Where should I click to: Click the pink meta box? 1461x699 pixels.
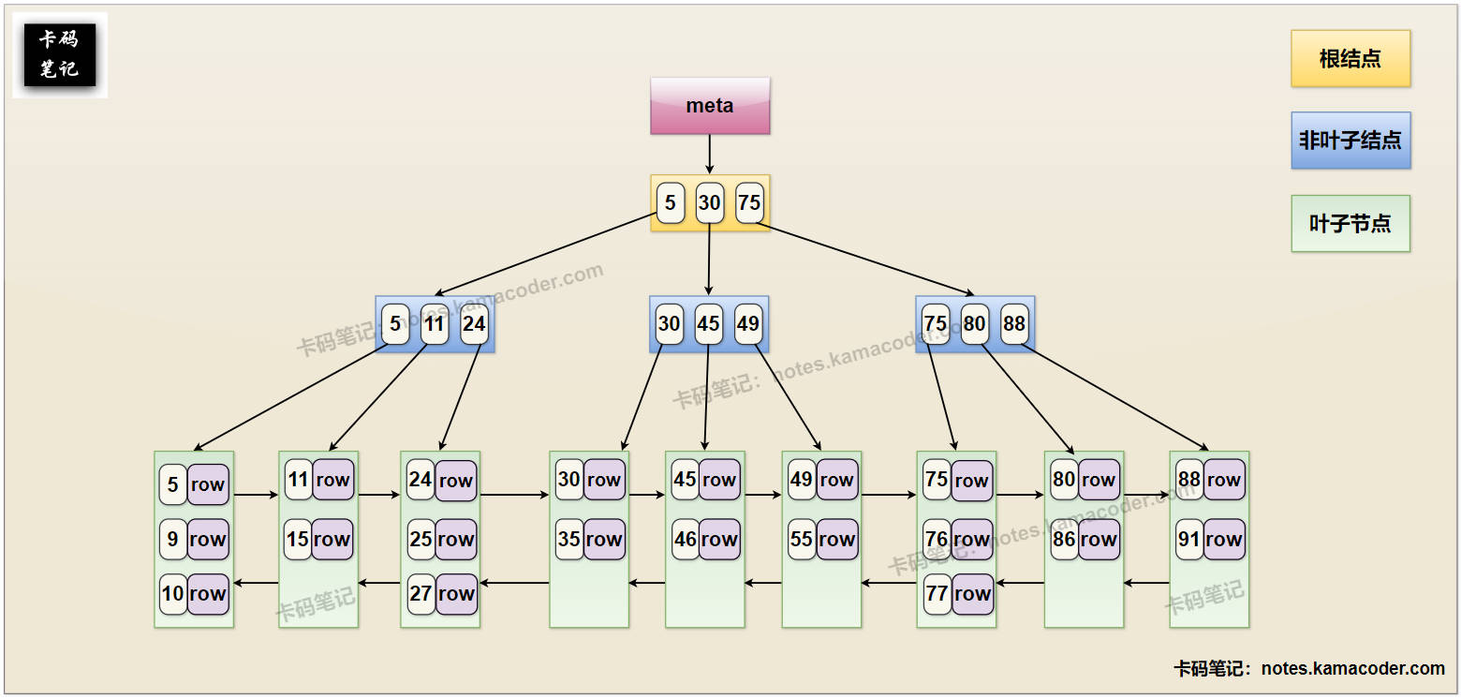coord(710,106)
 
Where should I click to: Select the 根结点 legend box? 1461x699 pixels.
coord(1350,59)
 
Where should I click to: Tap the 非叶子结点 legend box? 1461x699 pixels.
coord(1350,141)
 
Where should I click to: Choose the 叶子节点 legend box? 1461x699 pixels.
coord(1350,224)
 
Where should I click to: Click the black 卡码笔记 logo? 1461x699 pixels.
coord(60,55)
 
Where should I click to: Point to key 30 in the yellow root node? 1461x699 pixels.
coord(710,203)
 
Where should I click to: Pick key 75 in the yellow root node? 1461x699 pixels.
coord(749,203)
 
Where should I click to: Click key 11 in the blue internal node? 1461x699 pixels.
coord(435,324)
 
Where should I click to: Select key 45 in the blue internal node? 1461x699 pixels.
coord(709,324)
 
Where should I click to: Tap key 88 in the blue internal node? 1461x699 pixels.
coord(1014,324)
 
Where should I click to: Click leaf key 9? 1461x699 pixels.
coord(173,540)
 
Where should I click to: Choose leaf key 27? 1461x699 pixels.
coord(421,594)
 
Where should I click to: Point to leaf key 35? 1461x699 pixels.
coord(569,540)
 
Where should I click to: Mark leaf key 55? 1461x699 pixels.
coord(802,540)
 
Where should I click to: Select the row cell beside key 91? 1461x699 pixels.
coord(1224,540)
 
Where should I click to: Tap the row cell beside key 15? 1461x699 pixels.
coord(332,540)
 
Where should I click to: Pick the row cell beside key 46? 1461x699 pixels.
coord(719,540)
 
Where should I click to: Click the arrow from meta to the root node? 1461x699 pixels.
coord(710,154)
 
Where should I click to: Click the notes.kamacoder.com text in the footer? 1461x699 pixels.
coord(1352,668)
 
